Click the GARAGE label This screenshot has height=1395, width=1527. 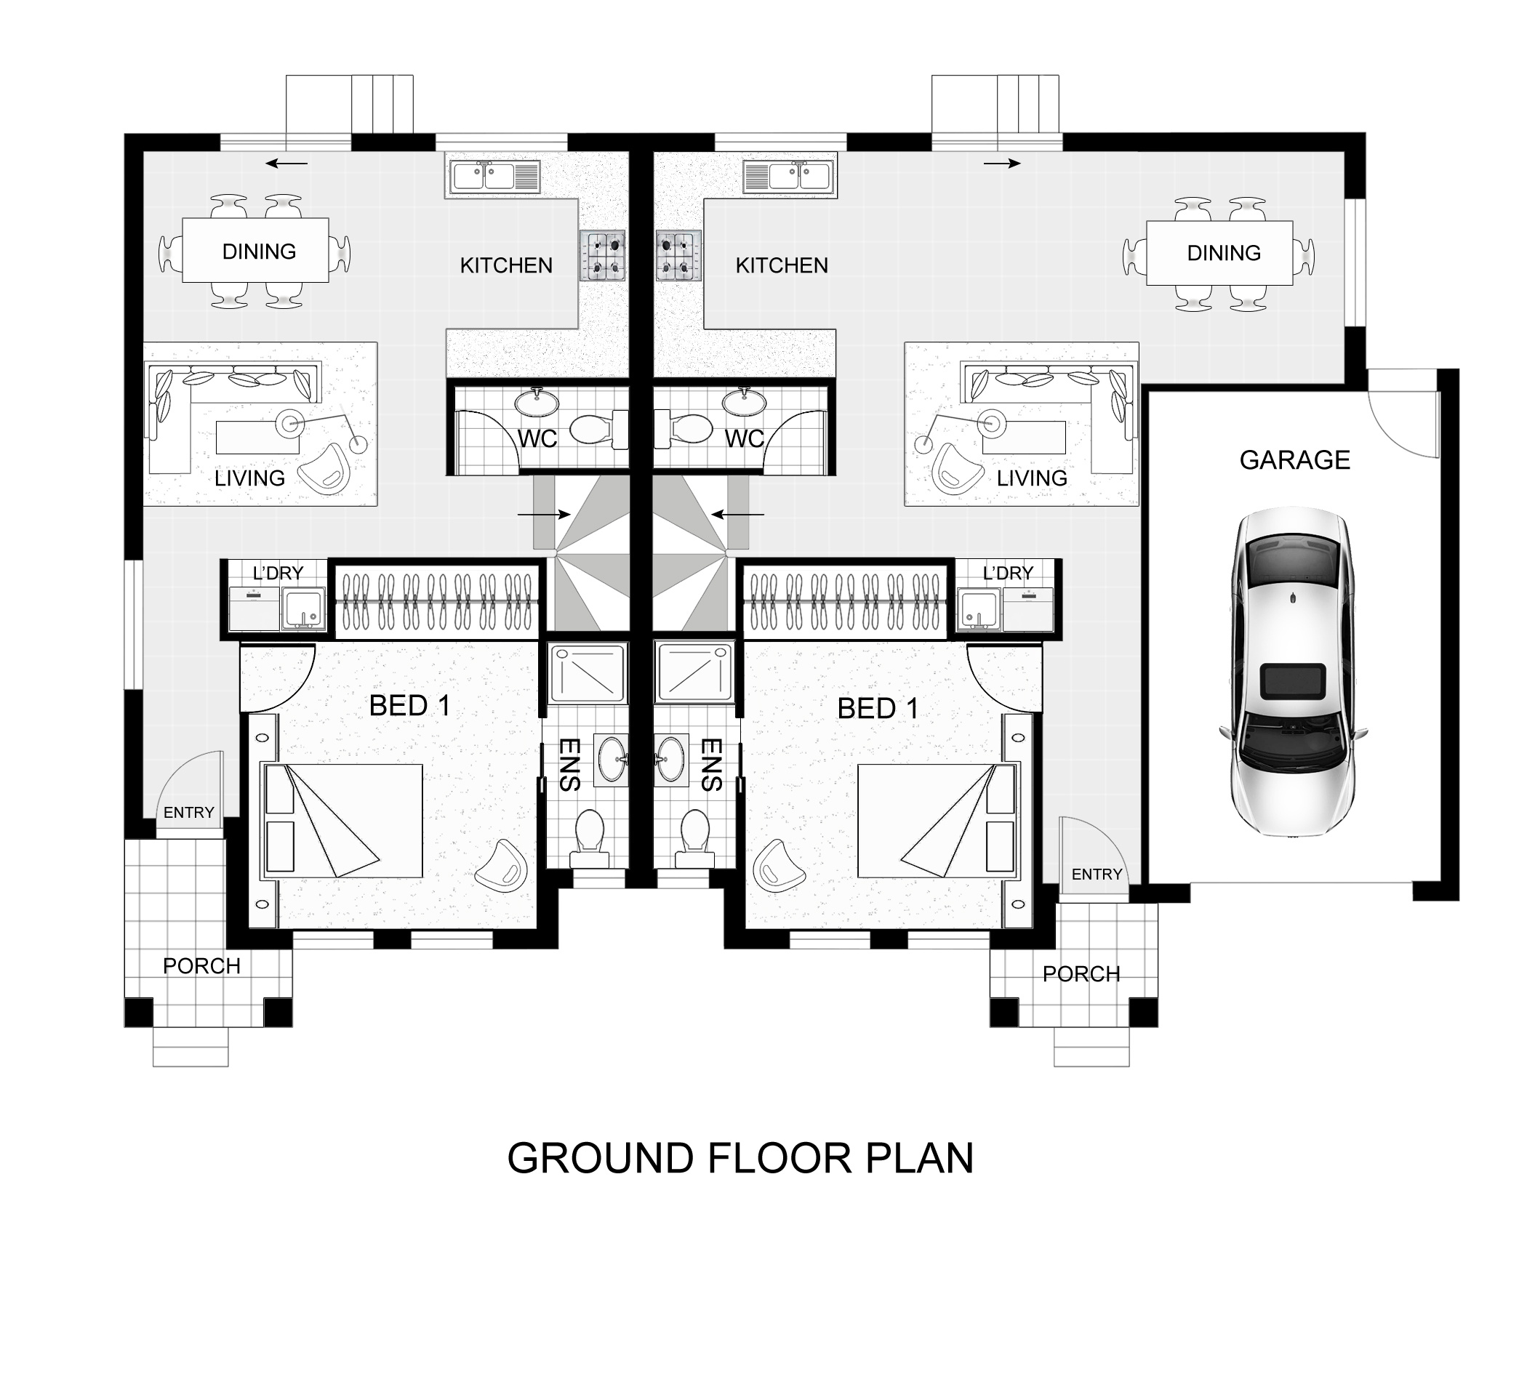[1294, 459]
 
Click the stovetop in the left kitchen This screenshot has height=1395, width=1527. [602, 255]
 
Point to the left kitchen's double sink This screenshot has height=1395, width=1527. [493, 177]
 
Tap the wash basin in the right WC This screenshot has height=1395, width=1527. [745, 402]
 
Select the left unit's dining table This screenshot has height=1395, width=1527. [255, 250]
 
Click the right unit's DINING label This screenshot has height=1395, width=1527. [1223, 253]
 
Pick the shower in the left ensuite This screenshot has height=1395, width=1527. [588, 672]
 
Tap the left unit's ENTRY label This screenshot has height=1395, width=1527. [188, 813]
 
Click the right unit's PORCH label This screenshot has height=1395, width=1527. [1081, 974]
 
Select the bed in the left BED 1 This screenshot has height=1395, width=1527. [342, 821]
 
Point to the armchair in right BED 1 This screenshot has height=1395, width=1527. [779, 864]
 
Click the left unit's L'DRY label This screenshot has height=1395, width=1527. [277, 574]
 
